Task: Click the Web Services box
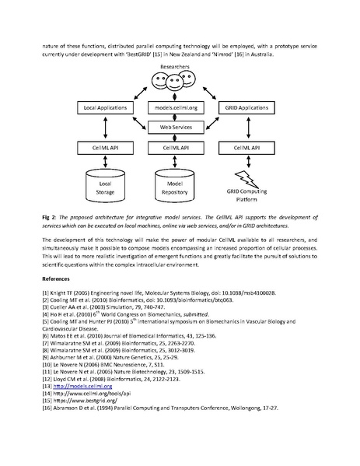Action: (180, 126)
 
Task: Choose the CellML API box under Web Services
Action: (180, 147)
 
